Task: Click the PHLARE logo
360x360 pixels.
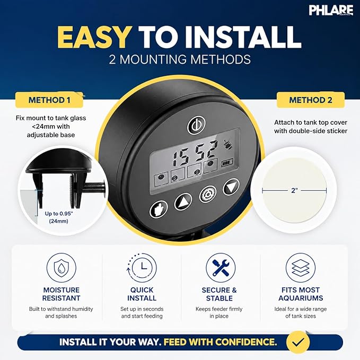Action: click(331, 10)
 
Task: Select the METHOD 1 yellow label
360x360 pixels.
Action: click(49, 100)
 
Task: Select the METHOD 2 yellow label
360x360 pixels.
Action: click(311, 100)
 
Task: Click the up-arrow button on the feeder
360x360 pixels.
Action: click(183, 202)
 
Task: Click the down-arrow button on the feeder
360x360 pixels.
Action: click(231, 187)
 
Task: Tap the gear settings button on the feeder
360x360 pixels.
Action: click(207, 195)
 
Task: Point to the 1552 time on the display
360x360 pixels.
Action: click(195, 153)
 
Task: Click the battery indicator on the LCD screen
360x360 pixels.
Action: click(227, 163)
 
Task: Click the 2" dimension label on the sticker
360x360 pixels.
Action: click(294, 190)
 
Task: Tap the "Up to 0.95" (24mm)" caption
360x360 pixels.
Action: click(59, 217)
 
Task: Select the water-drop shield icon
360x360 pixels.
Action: click(62, 268)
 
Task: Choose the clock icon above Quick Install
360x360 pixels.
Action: click(142, 268)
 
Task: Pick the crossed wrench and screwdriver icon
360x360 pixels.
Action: click(221, 268)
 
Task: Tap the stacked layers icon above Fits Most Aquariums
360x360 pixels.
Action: click(301, 268)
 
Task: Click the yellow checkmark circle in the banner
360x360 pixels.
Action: click(298, 342)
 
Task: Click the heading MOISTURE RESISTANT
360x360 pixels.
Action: click(62, 294)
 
